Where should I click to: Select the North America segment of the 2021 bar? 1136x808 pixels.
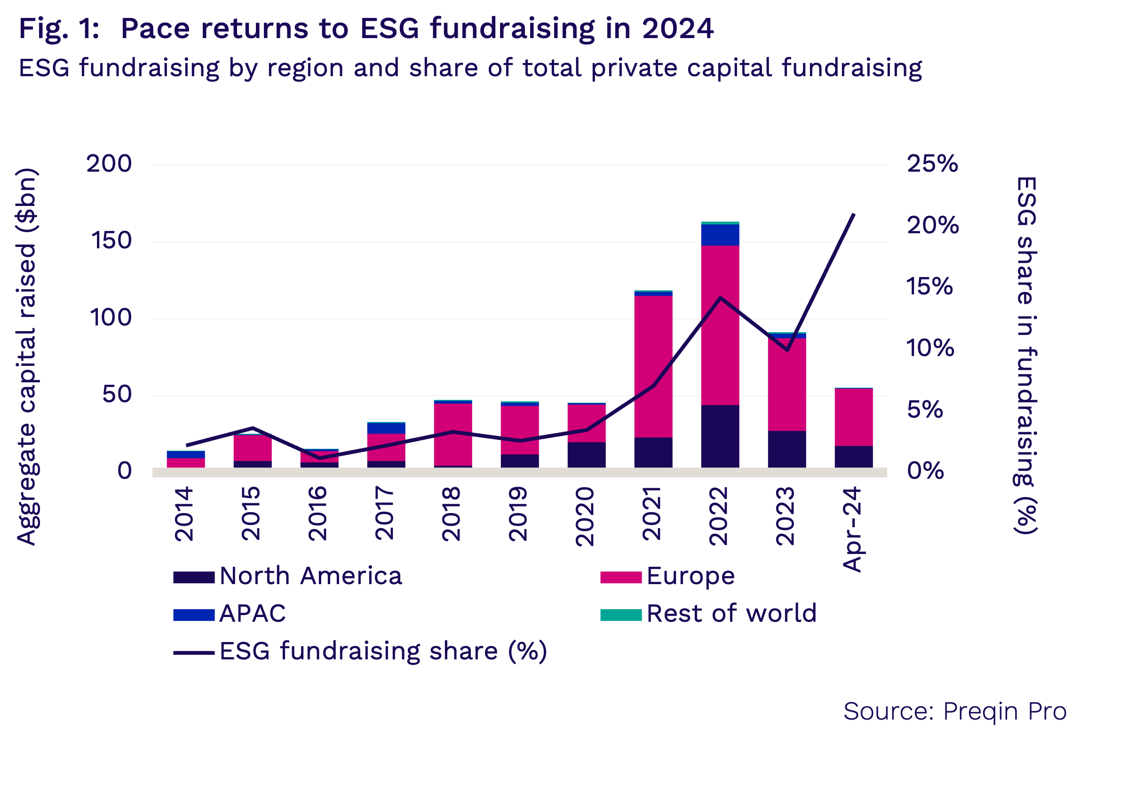tap(653, 452)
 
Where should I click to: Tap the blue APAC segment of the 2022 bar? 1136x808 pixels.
tap(720, 235)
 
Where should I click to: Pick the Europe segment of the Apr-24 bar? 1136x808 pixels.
tap(853, 417)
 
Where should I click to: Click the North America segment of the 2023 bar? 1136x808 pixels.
tap(786, 449)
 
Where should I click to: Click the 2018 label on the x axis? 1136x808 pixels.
tap(451, 514)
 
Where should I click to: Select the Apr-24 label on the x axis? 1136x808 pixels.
tap(852, 530)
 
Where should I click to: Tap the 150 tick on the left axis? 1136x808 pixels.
tap(111, 241)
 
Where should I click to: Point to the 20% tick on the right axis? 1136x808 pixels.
tap(932, 226)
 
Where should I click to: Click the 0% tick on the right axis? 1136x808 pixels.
tap(925, 471)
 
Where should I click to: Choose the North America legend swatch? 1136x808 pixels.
tap(193, 578)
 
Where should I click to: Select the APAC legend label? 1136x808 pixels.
tap(253, 614)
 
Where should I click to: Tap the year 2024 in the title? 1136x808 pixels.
tap(678, 29)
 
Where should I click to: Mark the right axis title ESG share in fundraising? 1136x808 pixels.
tap(1026, 355)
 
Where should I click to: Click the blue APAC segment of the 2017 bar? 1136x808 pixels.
tap(386, 428)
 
